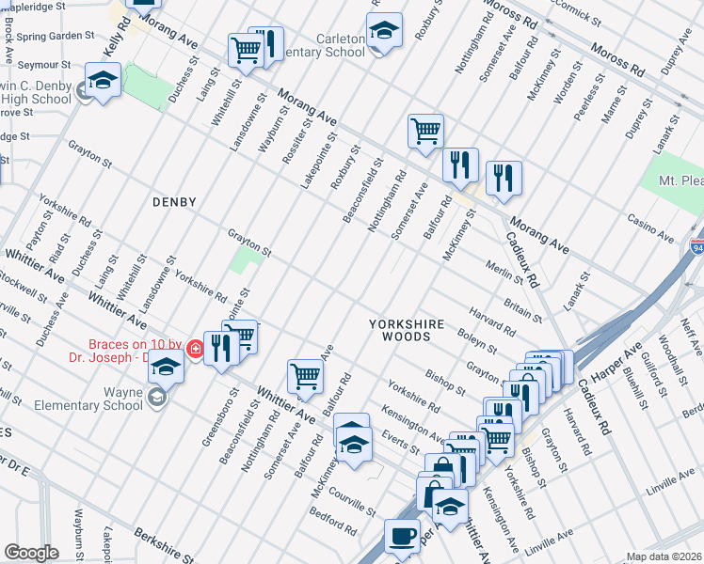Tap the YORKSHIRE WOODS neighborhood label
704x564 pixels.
406,332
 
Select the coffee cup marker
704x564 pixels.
402,538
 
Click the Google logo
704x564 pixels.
31,553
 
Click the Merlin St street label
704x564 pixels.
505,271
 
